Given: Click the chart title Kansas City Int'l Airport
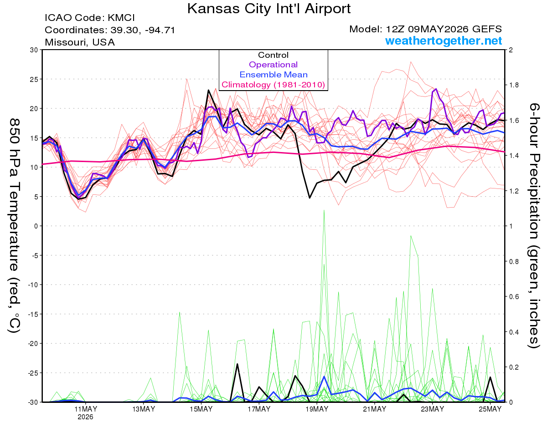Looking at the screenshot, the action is [x=268, y=9].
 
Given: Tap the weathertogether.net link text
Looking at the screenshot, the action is [x=444, y=41].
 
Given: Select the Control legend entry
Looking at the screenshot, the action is [x=273, y=55].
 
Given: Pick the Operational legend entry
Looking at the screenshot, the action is [x=273, y=65].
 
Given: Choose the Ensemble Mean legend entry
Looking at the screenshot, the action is [x=273, y=75].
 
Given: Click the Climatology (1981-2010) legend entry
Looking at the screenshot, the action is [x=273, y=85].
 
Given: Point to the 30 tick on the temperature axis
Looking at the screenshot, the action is [x=34, y=50].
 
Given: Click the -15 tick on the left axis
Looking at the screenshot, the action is [x=33, y=314].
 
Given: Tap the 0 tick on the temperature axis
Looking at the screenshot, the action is [x=36, y=226].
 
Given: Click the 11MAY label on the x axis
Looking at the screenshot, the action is [x=86, y=409].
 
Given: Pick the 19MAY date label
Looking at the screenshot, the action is [x=317, y=409].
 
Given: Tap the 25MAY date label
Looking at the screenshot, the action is [x=490, y=409].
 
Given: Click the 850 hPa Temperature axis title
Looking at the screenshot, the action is [x=14, y=226].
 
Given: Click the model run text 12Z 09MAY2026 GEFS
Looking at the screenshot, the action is [x=444, y=29].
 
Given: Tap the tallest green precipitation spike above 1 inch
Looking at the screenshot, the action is [x=324, y=210].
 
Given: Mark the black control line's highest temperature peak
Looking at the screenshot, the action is [x=208, y=90].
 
